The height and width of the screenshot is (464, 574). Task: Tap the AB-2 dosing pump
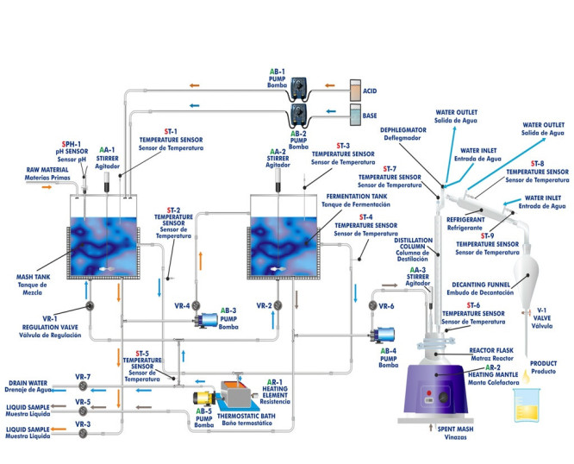[x=299, y=115]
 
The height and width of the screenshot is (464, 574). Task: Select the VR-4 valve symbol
[x=197, y=304]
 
